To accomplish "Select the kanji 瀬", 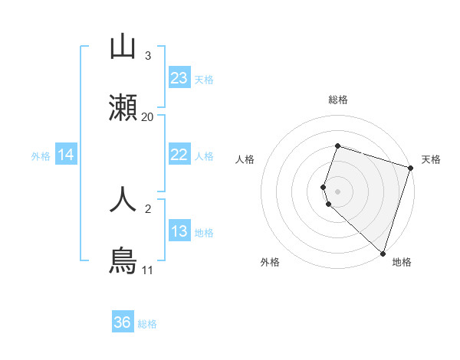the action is click(x=123, y=110).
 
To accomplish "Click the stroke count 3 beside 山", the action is click(x=148, y=56).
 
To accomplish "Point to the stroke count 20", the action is click(x=148, y=117).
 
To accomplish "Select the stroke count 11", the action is click(x=148, y=270).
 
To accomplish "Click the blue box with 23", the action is click(x=179, y=78).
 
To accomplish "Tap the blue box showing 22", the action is click(x=179, y=155).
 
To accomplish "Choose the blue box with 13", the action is click(x=179, y=231).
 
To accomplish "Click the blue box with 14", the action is click(x=66, y=155).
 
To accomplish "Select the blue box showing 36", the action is click(x=123, y=322).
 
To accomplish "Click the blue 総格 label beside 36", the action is click(x=147, y=324).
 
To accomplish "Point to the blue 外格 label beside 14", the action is click(x=41, y=156).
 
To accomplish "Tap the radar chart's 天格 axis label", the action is click(x=431, y=159).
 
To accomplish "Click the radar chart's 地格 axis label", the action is click(x=402, y=262).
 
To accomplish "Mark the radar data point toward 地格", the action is click(x=382, y=253).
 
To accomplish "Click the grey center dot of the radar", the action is click(x=337, y=191).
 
